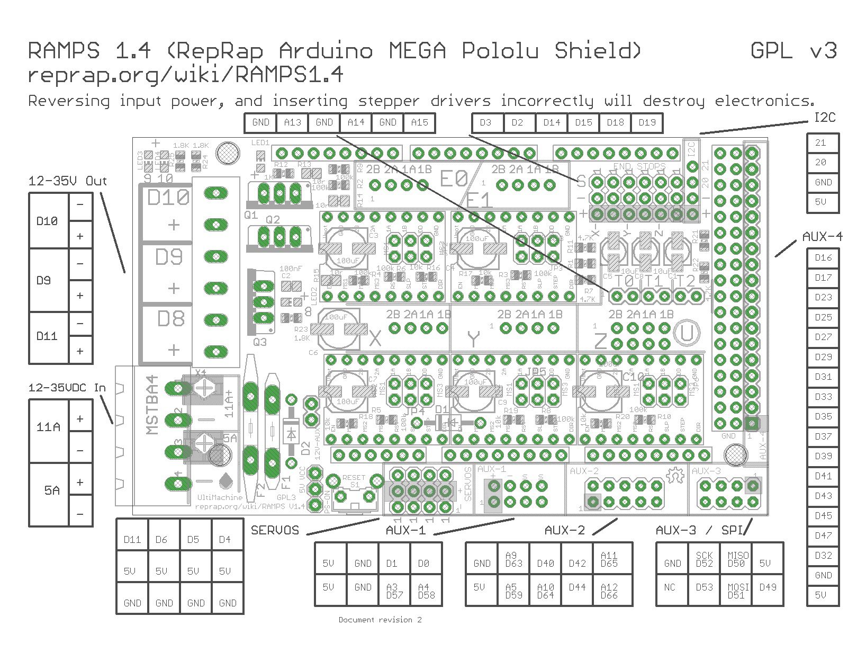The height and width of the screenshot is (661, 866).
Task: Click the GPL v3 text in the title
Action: pyautogui.click(x=793, y=51)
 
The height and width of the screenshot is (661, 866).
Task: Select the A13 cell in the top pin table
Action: pyautogui.click(x=292, y=122)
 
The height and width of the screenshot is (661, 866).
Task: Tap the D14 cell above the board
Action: pyautogui.click(x=552, y=122)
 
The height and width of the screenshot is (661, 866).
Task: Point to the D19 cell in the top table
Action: pyautogui.click(x=647, y=122)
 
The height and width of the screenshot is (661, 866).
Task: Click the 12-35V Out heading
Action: pyautogui.click(x=68, y=181)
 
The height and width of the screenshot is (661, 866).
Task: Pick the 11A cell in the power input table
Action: pyautogui.click(x=48, y=427)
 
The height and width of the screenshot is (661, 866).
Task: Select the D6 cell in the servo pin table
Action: pyautogui.click(x=161, y=540)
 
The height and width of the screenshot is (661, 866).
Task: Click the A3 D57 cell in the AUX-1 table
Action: pyautogui.click(x=392, y=591)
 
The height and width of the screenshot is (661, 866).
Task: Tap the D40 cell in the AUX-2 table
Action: pyautogui.click(x=545, y=563)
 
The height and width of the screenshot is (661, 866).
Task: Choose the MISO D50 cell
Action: pyautogui.click(x=738, y=559)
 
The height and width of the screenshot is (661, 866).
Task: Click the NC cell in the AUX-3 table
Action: pyautogui.click(x=670, y=587)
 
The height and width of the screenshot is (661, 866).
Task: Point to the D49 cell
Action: pyautogui.click(x=768, y=587)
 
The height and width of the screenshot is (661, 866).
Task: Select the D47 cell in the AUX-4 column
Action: pyautogui.click(x=823, y=535)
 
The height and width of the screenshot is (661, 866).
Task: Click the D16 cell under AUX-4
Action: pyautogui.click(x=823, y=258)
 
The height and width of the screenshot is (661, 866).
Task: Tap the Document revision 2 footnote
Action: pyautogui.click(x=380, y=620)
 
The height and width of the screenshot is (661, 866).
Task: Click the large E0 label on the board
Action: pyautogui.click(x=454, y=178)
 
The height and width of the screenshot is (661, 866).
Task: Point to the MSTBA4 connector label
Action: pyautogui.click(x=152, y=405)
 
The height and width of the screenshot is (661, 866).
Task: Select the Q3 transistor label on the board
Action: pyautogui.click(x=260, y=342)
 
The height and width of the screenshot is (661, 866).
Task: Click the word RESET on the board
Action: pyautogui.click(x=354, y=478)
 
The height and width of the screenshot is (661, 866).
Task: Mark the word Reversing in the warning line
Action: pyautogui.click(x=69, y=101)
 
